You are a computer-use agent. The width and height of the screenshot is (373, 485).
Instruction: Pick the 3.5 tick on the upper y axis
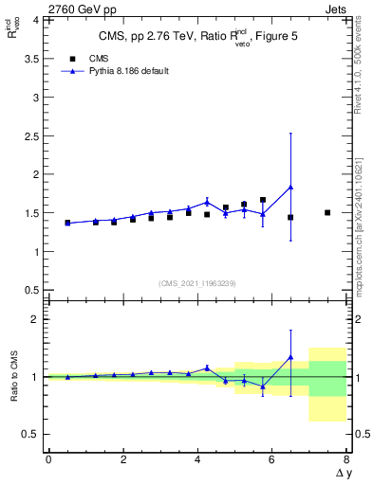(x=29, y=58)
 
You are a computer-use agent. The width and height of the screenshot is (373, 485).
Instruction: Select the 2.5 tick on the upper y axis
(x=29, y=135)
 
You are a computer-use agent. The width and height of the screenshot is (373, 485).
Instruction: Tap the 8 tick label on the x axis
(x=346, y=459)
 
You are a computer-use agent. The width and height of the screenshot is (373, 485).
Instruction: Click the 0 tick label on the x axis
(x=48, y=459)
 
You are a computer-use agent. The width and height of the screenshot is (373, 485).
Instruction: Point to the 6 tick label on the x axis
(x=272, y=459)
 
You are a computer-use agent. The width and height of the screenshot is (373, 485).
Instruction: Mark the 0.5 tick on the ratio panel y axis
(x=29, y=434)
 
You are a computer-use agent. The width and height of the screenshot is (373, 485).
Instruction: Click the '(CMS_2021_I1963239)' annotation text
(x=196, y=282)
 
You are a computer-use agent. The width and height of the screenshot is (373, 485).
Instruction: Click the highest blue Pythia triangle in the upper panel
(x=290, y=187)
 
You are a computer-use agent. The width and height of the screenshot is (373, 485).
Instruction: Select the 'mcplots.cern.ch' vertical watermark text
(x=362, y=242)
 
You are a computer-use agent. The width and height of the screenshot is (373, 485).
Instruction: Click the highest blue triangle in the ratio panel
(x=290, y=357)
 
